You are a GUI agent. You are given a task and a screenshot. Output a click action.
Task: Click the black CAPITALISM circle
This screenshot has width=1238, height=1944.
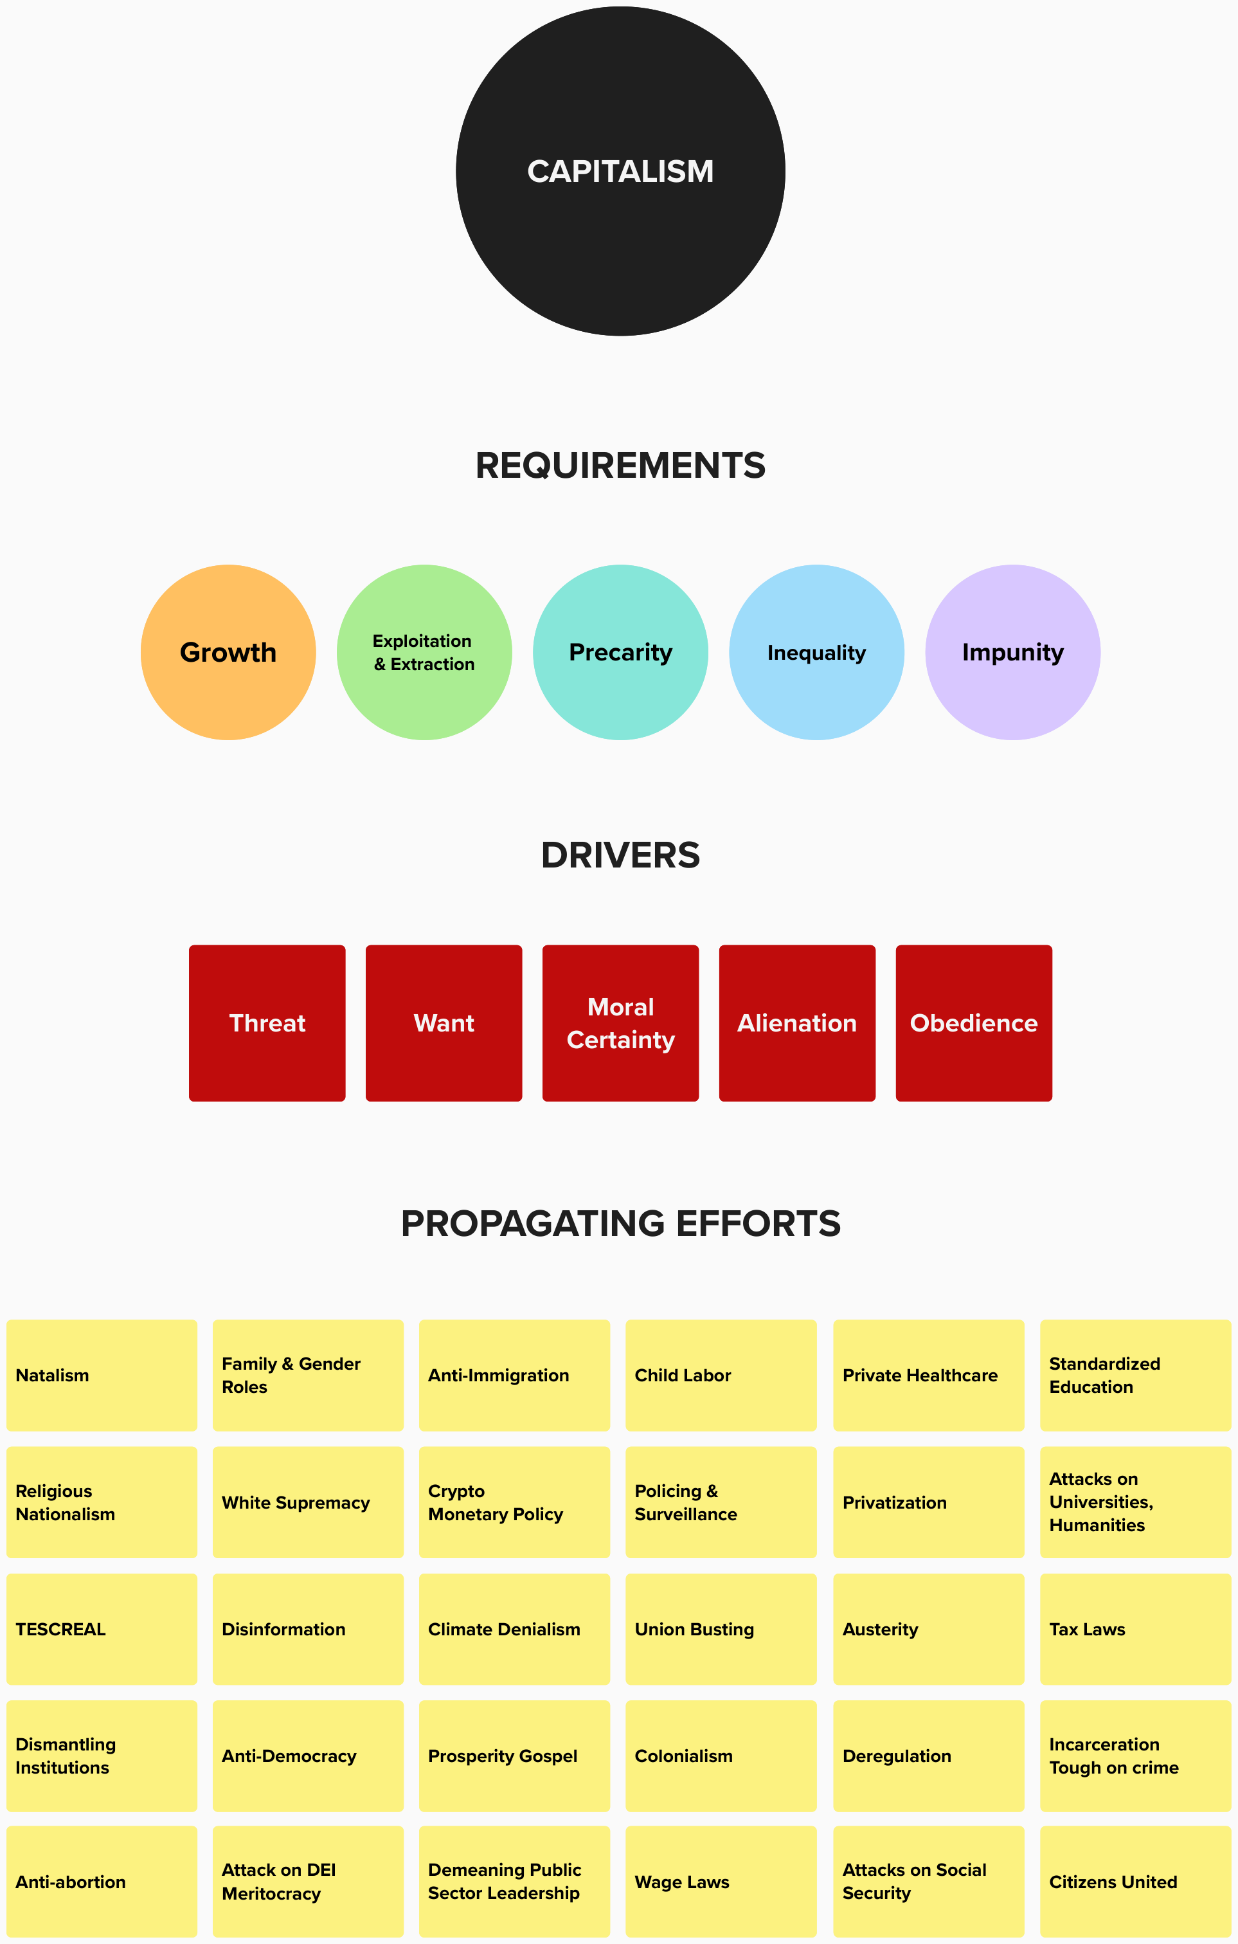click(x=620, y=171)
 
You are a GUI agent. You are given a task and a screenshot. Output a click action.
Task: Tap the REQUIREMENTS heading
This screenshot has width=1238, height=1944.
click(x=620, y=466)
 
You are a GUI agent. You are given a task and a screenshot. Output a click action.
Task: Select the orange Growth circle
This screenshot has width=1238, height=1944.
click(x=228, y=652)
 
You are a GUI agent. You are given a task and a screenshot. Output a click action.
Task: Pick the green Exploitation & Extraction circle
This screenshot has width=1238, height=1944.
click(x=424, y=652)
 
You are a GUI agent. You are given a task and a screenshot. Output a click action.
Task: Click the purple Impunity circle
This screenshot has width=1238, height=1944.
click(x=1012, y=652)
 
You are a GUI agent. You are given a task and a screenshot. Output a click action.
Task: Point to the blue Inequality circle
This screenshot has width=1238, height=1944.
click(x=816, y=652)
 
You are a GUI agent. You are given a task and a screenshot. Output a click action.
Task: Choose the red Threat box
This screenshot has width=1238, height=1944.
click(x=267, y=1023)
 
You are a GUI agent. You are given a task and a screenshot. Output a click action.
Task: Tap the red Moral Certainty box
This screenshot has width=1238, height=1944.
click(x=620, y=1023)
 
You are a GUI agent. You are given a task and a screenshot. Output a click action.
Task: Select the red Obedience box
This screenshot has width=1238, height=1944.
click(x=973, y=1023)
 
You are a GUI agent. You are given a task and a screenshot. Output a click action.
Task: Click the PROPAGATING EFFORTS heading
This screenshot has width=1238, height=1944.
click(x=620, y=1224)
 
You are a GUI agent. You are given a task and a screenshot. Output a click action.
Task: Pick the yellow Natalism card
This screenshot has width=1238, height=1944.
click(x=102, y=1376)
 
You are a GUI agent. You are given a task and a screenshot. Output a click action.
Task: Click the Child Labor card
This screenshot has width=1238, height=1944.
click(x=721, y=1376)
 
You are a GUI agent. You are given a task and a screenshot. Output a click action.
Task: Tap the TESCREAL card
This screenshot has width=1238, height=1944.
click(x=102, y=1629)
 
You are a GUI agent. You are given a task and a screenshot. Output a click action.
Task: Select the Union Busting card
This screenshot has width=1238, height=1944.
click(x=721, y=1629)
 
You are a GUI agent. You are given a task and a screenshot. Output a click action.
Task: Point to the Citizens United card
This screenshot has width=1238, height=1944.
click(x=1135, y=1882)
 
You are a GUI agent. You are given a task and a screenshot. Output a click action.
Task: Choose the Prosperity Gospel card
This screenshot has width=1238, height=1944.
click(x=514, y=1756)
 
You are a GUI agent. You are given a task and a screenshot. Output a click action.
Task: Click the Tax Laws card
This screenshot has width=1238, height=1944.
click(x=1135, y=1629)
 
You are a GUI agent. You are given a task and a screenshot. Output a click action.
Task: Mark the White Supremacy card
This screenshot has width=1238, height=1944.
click(x=307, y=1502)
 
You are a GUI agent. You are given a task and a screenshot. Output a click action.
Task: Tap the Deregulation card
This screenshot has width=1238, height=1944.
click(x=928, y=1756)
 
